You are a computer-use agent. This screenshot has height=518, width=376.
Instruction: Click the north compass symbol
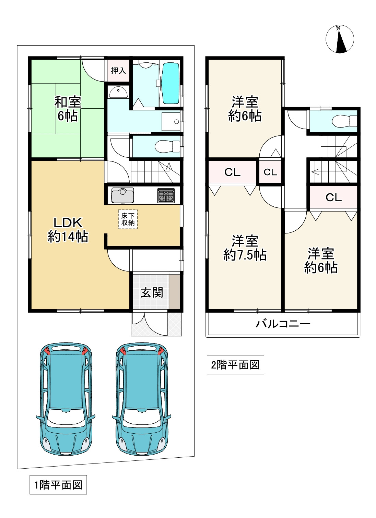click(x=339, y=39)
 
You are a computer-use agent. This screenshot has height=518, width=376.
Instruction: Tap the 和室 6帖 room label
click(x=67, y=109)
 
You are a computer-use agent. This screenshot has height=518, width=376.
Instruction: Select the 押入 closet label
click(x=118, y=71)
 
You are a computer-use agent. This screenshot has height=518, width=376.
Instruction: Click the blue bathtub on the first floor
click(x=171, y=83)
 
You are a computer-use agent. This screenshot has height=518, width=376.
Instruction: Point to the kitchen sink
click(x=122, y=195)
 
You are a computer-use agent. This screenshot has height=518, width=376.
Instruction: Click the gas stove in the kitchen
click(x=166, y=196)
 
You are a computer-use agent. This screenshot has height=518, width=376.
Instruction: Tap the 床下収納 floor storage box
click(x=128, y=219)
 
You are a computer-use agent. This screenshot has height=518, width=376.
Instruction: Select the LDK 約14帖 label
click(x=68, y=230)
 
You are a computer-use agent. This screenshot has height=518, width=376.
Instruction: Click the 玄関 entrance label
click(x=152, y=292)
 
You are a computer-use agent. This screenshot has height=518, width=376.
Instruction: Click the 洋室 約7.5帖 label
click(x=245, y=248)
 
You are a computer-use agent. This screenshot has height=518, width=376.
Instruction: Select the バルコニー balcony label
click(x=283, y=324)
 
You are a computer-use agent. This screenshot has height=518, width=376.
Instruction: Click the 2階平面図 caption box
click(x=235, y=365)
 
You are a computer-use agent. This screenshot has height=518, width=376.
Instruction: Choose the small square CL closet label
click(x=270, y=172)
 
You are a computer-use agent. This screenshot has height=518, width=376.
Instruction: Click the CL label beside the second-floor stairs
click(x=333, y=197)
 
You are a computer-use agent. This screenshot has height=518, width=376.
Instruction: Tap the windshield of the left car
click(x=66, y=418)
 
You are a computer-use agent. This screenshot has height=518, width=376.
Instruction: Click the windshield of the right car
click(x=141, y=418)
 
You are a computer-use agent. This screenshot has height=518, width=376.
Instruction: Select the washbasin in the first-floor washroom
click(x=118, y=93)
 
